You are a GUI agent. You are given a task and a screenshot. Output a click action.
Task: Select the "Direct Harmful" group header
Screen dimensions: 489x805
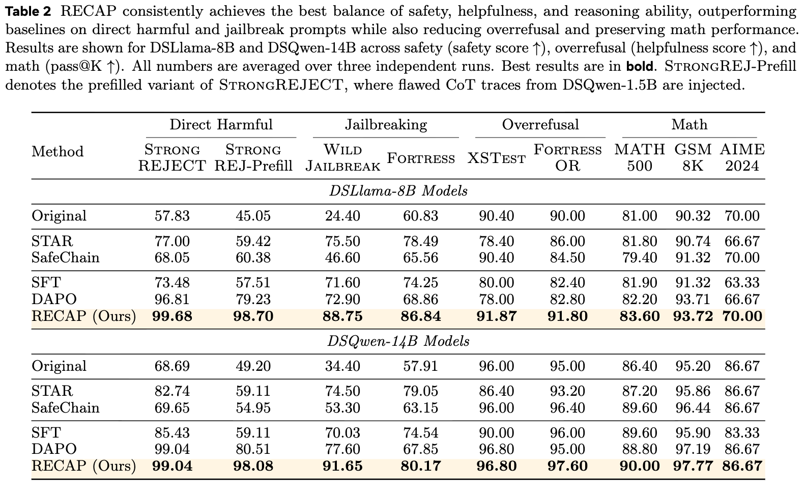(221, 125)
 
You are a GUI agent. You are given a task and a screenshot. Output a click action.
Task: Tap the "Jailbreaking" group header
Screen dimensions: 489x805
(386, 125)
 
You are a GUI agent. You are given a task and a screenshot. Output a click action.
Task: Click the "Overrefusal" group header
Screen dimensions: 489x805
(540, 125)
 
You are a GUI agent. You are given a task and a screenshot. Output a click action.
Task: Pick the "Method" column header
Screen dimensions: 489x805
(57, 151)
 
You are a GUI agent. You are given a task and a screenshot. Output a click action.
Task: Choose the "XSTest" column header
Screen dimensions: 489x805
(496, 158)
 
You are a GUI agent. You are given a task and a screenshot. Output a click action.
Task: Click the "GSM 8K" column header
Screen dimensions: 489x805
(693, 157)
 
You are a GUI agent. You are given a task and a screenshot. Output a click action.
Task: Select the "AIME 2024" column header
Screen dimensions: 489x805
(742, 157)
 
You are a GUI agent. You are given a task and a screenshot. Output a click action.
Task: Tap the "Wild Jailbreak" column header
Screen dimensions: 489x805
(343, 157)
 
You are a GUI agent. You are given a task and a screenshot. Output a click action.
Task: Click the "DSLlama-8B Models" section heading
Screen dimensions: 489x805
(398, 191)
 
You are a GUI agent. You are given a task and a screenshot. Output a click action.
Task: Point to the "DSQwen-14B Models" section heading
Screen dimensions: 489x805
(398, 341)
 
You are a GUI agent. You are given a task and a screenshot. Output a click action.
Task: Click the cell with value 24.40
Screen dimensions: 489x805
(342, 216)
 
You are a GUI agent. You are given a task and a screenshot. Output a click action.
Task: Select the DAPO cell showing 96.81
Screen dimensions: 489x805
(172, 299)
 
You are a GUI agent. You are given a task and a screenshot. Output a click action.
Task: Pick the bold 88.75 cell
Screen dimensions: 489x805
(342, 316)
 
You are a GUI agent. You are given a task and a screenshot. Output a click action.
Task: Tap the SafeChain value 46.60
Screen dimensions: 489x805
(342, 258)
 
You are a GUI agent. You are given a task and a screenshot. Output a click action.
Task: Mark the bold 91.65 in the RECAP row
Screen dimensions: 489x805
(342, 466)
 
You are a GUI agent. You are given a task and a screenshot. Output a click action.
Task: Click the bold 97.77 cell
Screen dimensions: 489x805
(693, 466)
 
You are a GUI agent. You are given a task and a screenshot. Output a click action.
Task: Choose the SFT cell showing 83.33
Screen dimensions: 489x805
(742, 433)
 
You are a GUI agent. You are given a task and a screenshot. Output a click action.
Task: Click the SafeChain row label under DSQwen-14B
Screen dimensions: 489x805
(65, 408)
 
